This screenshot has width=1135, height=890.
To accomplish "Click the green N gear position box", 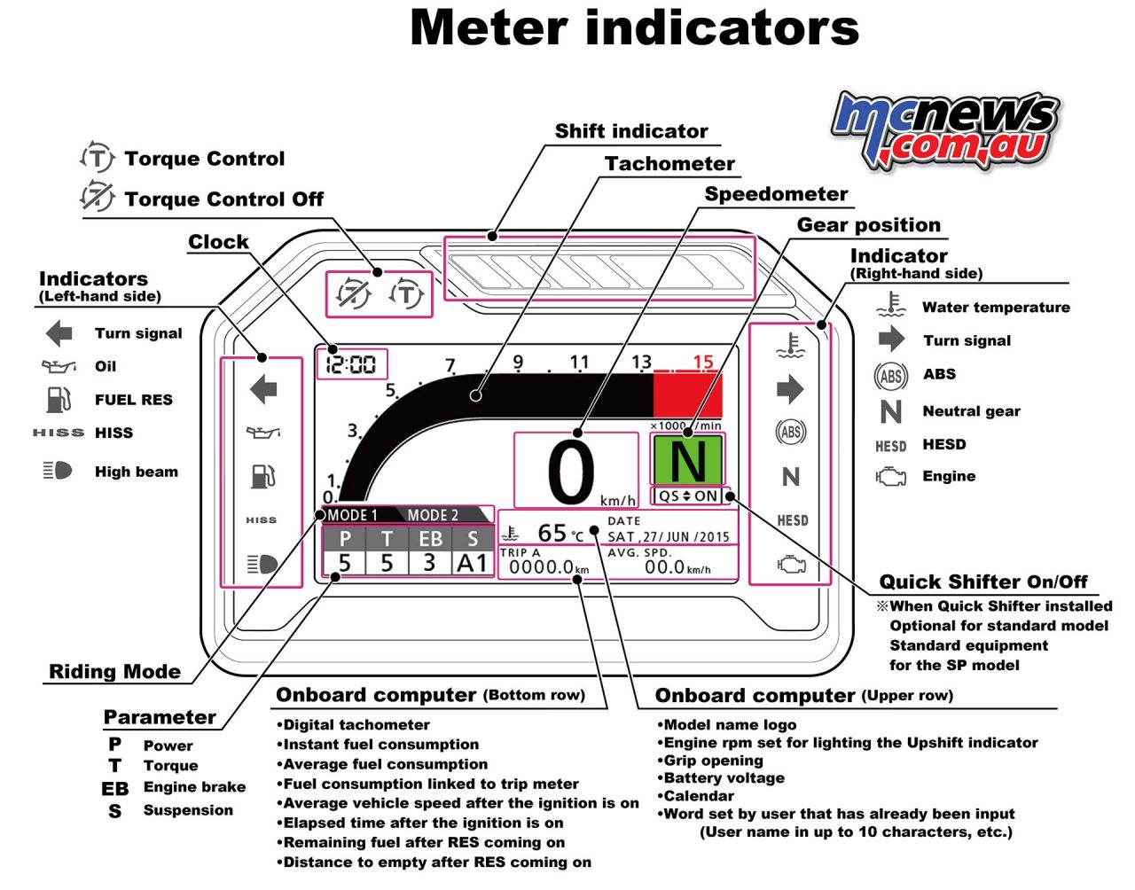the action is [x=688, y=459].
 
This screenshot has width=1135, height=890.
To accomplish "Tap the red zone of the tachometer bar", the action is [x=687, y=394].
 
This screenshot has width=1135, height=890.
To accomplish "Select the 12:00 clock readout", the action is [x=350, y=363].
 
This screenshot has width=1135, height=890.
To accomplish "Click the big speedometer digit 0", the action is [x=571, y=472].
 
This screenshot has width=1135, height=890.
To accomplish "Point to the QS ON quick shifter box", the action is [x=688, y=496].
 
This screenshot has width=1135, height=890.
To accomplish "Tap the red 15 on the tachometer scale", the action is [x=703, y=361].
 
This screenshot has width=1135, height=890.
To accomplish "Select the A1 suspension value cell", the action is [x=472, y=563].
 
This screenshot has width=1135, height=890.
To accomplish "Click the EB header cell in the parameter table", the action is [x=430, y=538].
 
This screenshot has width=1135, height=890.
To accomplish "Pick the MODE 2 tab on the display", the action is [x=433, y=515].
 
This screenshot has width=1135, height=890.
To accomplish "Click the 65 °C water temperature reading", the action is [x=560, y=533].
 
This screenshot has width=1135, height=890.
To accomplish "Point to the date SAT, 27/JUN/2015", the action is [x=668, y=536].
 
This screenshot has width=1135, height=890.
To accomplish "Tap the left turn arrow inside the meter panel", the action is [x=263, y=389].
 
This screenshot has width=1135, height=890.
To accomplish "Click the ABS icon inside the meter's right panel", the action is [x=790, y=432].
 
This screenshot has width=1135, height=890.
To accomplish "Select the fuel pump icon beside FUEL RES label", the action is [x=58, y=400].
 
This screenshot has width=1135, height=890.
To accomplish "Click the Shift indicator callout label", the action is [x=631, y=131].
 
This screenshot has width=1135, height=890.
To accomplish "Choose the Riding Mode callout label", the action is [x=114, y=671].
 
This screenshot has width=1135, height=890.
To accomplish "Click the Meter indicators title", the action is [x=634, y=27].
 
